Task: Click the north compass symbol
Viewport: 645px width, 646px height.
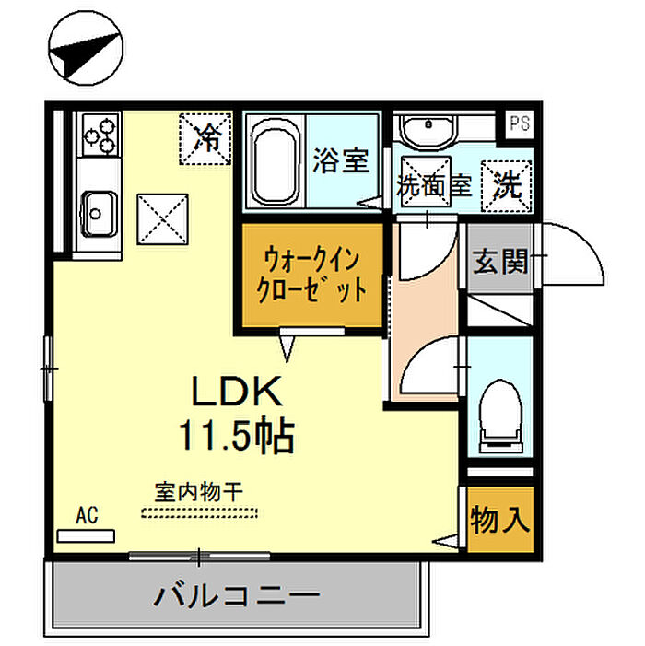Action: click(86, 48)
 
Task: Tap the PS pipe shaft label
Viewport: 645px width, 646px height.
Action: click(520, 123)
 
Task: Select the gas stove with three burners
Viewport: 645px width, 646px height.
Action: click(100, 135)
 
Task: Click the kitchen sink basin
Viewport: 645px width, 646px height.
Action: click(99, 214)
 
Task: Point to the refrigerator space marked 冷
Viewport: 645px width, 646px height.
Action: click(205, 138)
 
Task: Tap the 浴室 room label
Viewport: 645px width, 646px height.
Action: click(341, 160)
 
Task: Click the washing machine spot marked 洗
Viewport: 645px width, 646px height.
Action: click(507, 186)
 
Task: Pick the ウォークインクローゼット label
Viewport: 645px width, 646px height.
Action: click(311, 276)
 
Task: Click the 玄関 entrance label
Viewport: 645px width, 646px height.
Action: click(500, 262)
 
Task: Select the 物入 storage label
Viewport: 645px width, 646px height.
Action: click(500, 520)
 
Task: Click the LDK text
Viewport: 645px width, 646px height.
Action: click(237, 391)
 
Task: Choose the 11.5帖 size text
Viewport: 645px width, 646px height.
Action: click(236, 436)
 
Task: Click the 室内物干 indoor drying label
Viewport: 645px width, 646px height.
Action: click(199, 492)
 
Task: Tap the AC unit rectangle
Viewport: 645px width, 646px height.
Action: click(86, 536)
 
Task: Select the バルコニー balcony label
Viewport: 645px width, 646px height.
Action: click(237, 595)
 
